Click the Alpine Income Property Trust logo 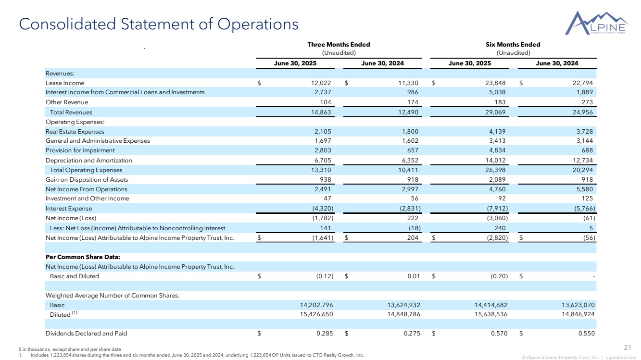(x=597, y=23)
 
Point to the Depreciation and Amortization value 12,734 (x=580, y=160)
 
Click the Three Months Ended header (x=338, y=45)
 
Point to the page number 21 (x=627, y=348)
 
